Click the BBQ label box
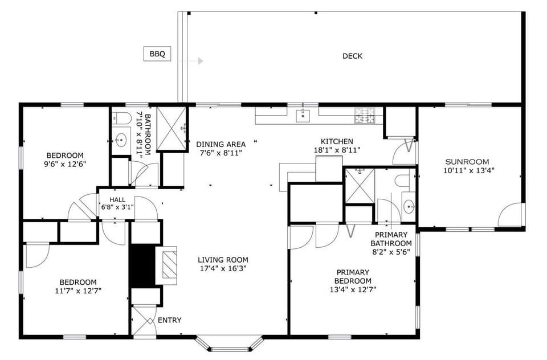tap(157, 54)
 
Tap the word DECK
tap(352, 56)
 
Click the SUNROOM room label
tap(467, 161)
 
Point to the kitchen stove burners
tap(365, 116)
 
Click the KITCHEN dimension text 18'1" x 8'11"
tap(337, 150)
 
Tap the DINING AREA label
tap(221, 144)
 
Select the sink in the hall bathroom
tap(121, 139)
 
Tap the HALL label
tap(109, 199)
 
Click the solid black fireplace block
tap(142, 265)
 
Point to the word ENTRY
tap(169, 320)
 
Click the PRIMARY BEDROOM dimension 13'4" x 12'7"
tap(353, 289)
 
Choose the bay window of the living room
tap(230, 343)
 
